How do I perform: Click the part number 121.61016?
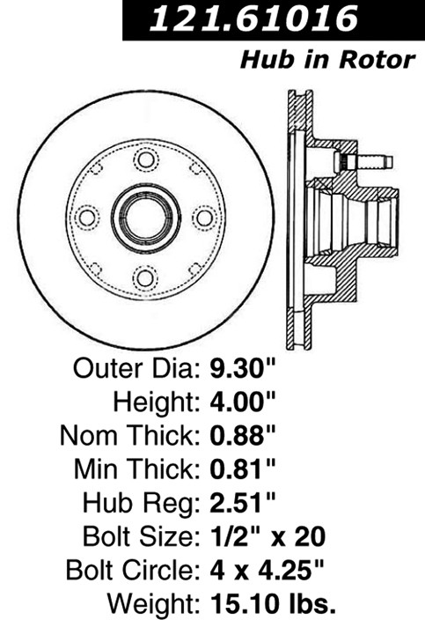(x=254, y=18)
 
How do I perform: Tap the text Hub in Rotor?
(x=327, y=60)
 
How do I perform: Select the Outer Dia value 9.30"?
(x=242, y=368)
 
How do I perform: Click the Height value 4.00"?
(x=242, y=402)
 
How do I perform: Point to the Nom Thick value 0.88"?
(x=242, y=435)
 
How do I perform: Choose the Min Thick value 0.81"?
(x=242, y=469)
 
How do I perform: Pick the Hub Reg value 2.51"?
(x=242, y=503)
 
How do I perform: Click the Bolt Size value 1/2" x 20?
(x=267, y=536)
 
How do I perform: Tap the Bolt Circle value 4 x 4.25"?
(x=267, y=570)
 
